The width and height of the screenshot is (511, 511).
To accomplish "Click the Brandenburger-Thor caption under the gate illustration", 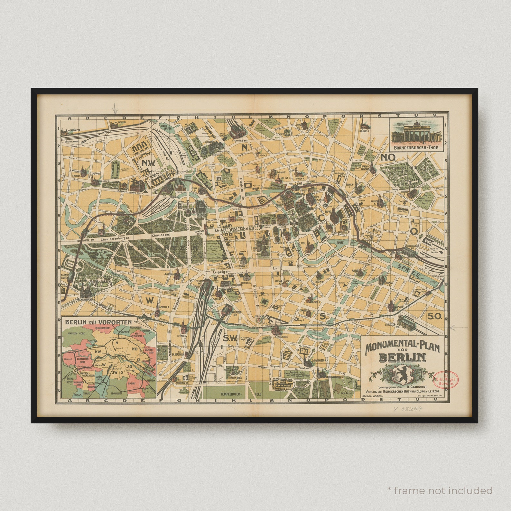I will pos(417,149).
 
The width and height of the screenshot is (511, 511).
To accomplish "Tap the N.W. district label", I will pos(148,163).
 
